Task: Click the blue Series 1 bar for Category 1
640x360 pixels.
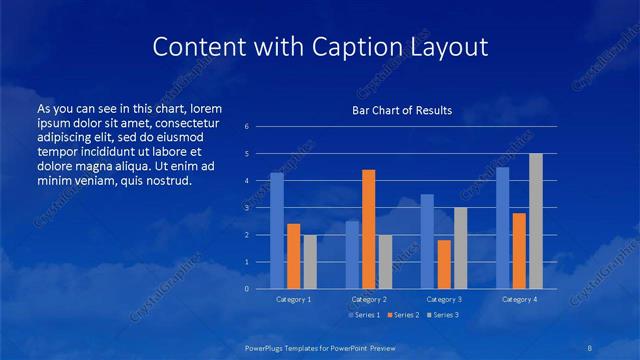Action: [277, 231]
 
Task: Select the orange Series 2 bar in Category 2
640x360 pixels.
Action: [369, 229]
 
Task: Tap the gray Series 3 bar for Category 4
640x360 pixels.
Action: [536, 221]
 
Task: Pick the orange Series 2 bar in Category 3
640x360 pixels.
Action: [444, 264]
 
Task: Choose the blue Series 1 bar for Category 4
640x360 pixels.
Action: [503, 228]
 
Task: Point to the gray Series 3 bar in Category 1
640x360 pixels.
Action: [310, 262]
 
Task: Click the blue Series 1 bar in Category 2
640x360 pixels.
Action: [352, 255]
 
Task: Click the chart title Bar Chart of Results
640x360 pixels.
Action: [403, 110]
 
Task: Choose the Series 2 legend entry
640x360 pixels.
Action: [403, 315]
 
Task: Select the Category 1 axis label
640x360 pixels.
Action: [294, 299]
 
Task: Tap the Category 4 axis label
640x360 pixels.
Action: [519, 299]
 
